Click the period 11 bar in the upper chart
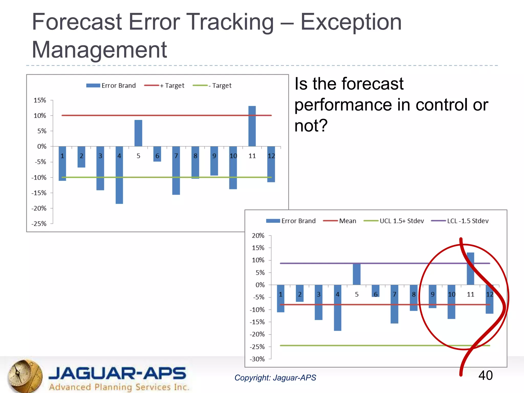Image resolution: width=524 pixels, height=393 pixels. [x=252, y=126]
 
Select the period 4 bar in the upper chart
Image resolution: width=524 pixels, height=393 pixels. [x=119, y=175]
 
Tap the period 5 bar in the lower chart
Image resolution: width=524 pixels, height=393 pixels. [x=356, y=274]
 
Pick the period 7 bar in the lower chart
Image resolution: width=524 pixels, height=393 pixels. [x=394, y=304]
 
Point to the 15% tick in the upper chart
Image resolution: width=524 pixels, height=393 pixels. [x=40, y=100]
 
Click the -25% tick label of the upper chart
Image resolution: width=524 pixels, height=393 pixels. [x=39, y=224]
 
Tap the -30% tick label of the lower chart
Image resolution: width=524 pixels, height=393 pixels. [x=257, y=359]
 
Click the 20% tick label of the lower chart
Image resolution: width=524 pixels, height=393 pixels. [x=258, y=236]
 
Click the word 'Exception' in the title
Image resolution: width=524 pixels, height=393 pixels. [x=351, y=22]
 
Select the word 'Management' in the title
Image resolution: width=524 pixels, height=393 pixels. [x=99, y=50]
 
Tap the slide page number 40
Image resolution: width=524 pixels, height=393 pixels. [x=485, y=375]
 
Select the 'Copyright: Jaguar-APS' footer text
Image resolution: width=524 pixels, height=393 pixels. [x=275, y=378]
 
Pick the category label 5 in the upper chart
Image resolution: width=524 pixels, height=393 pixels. [x=138, y=156]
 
